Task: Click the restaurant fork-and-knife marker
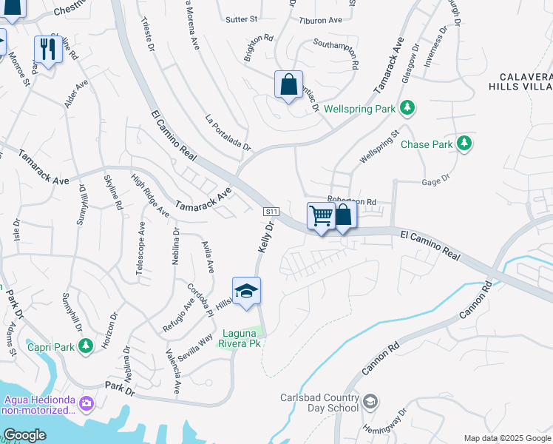(47, 50)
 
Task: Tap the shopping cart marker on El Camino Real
(321, 217)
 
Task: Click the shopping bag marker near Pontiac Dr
(288, 85)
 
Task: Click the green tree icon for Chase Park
(464, 144)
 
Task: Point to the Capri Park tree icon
(86, 346)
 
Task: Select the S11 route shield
(271, 212)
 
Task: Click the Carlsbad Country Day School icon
(370, 402)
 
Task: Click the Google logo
(24, 435)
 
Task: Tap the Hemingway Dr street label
(384, 423)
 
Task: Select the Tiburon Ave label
(320, 20)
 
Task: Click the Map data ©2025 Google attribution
(506, 438)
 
